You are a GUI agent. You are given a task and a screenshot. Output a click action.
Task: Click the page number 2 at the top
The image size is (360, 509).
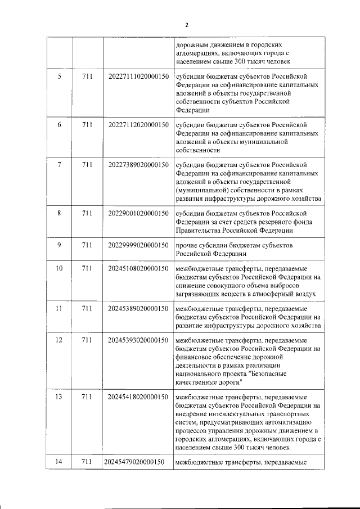[x=186, y=24]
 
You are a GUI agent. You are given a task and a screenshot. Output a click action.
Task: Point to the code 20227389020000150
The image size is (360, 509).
[x=138, y=165]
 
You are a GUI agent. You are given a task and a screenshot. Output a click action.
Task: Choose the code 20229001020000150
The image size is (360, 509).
[x=138, y=213]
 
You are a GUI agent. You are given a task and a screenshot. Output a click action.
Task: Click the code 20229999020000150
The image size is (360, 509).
[x=138, y=245]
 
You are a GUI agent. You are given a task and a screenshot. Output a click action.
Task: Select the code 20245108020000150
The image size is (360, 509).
[x=138, y=268]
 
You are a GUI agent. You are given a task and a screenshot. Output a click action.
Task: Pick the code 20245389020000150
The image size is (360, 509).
[x=138, y=308]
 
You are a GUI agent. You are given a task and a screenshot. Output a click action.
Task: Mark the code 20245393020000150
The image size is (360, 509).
[x=138, y=341]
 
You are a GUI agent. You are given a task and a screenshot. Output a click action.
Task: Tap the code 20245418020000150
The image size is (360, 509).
[x=138, y=397]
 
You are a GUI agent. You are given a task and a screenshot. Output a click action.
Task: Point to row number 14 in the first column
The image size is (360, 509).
[x=59, y=462]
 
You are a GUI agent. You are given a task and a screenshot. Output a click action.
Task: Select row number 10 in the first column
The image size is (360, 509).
[x=59, y=268]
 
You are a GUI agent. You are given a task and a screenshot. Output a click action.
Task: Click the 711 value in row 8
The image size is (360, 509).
[x=87, y=213]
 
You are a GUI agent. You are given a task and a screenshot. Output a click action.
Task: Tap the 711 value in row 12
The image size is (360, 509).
[x=87, y=341]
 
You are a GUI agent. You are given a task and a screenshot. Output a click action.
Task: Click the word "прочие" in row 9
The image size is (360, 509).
[x=186, y=245]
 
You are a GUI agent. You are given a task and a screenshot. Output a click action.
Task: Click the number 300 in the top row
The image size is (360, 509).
[x=234, y=61]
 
